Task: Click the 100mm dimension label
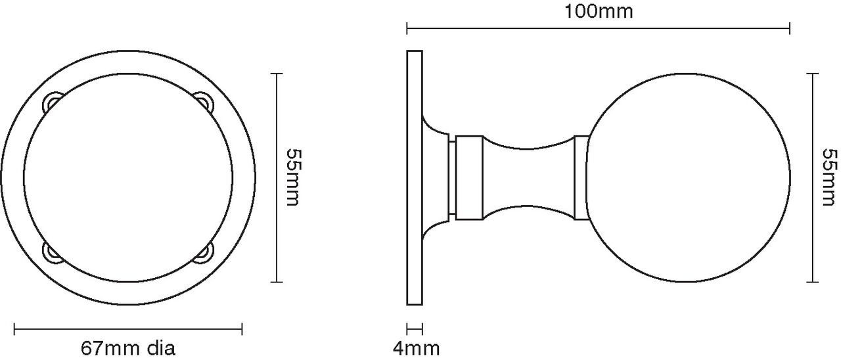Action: tap(599, 11)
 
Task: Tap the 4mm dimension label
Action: tap(416, 349)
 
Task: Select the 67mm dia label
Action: tap(128, 349)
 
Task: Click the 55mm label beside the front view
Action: tap(294, 177)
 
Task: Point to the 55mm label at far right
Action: tap(830, 177)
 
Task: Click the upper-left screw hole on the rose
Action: tap(52, 102)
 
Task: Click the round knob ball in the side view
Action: tap(688, 177)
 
